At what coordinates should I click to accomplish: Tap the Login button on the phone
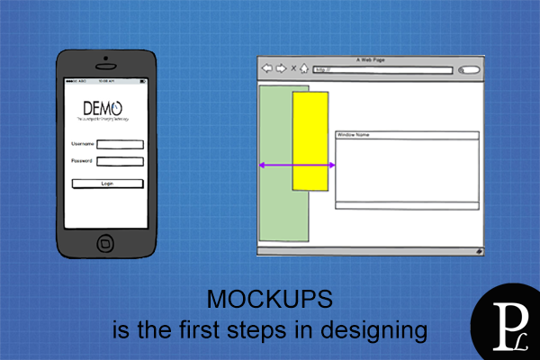pos(107,184)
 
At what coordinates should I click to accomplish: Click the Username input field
pos(120,144)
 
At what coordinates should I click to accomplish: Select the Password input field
pos(120,162)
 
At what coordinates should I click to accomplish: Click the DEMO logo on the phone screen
pos(103,109)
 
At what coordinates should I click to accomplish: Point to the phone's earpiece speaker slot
pos(106,68)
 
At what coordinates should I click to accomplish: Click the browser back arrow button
pos(266,68)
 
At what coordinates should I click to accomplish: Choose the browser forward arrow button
pos(281,68)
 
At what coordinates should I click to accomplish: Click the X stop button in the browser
pos(293,68)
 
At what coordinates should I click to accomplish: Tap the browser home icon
pos(304,68)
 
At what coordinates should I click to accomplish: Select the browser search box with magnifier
pos(468,69)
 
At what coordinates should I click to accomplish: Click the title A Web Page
pos(370,59)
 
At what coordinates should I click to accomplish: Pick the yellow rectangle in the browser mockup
pos(310,140)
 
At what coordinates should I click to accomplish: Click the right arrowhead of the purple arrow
pos(332,165)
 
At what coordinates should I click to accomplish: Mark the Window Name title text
pos(353,135)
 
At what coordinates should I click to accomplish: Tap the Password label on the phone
pos(82,161)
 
